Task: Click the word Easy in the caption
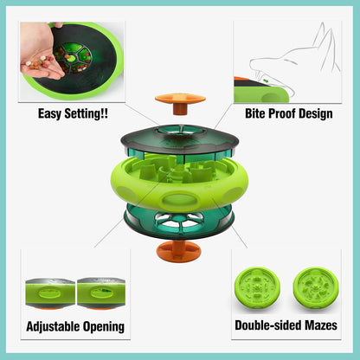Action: [x=53, y=112]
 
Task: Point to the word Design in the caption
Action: [x=321, y=112]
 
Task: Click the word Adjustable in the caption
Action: [x=57, y=326]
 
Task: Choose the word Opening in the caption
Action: [x=106, y=326]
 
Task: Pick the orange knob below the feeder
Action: [x=180, y=253]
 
